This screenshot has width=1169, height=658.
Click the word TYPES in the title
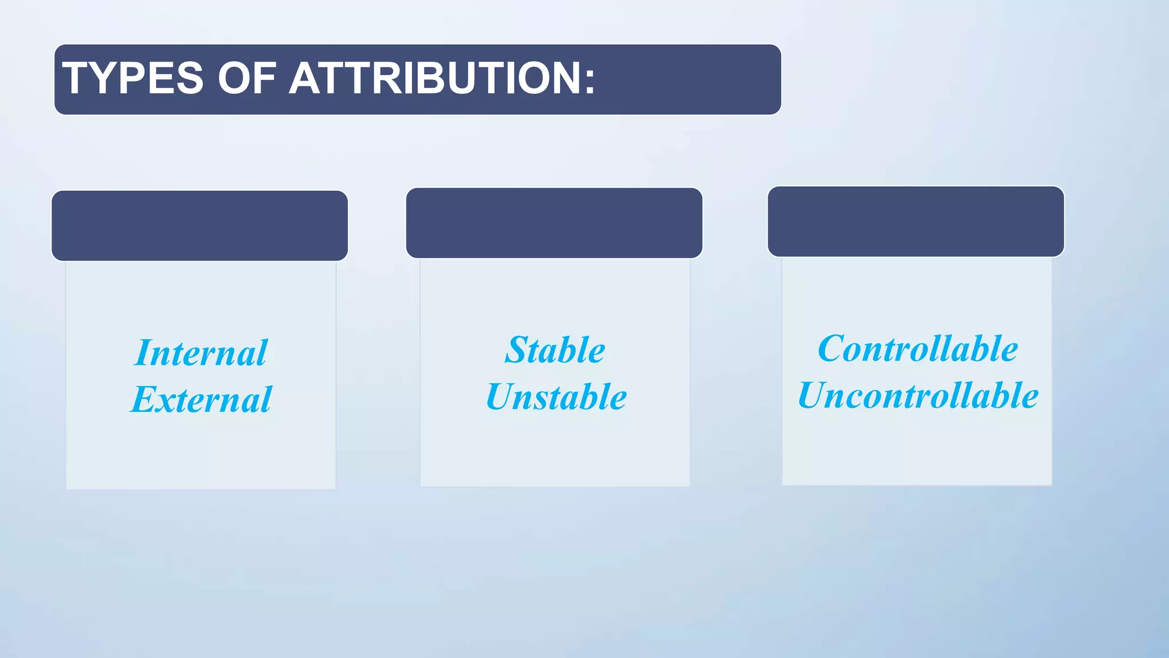pos(132,78)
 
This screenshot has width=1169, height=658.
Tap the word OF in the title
pos(247,78)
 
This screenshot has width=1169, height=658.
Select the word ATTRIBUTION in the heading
pos(434,78)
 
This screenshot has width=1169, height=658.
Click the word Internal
pos(201,352)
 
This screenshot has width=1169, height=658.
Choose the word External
pos(201,399)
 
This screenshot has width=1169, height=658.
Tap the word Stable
pos(555,350)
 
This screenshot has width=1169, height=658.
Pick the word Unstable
pos(556,396)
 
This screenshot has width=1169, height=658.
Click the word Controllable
pos(917,348)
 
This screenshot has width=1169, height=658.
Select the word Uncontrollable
pos(918,395)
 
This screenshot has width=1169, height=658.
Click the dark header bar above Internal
pos(200,226)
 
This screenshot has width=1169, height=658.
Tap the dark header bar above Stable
pos(554,223)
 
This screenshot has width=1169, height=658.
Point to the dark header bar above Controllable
pos(916,221)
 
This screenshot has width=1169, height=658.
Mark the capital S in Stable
pos(516,350)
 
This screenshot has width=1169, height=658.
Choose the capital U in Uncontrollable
pos(812,395)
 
